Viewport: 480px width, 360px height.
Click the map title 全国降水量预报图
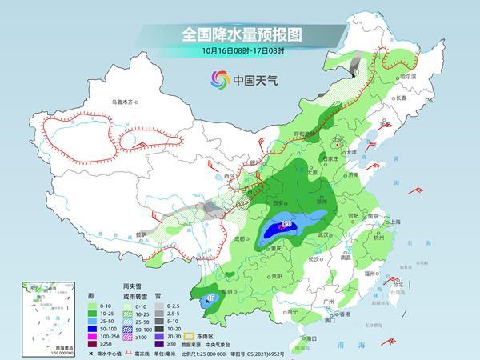click(x=239, y=34)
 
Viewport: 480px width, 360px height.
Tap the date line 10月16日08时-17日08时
click(x=239, y=51)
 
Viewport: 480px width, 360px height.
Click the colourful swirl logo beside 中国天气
click(x=218, y=79)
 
